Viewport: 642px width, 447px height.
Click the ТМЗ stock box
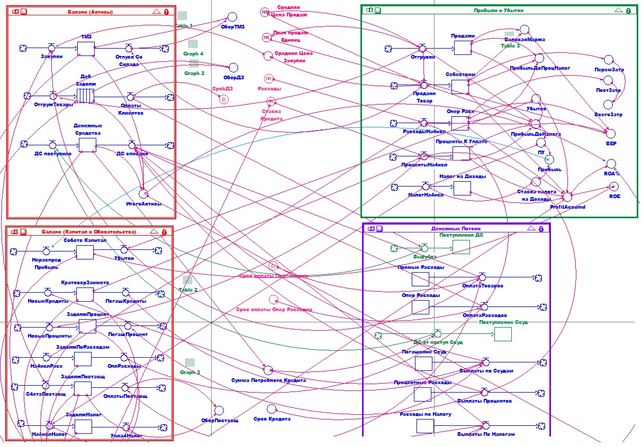[x=85, y=48]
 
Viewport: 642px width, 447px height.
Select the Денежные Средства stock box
[x=87, y=145]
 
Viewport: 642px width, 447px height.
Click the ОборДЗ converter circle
[x=233, y=68]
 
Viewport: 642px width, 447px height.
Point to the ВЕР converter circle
[x=611, y=133]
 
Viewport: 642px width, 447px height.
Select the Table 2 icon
[x=187, y=280]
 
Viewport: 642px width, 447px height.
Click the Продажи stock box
[x=463, y=48]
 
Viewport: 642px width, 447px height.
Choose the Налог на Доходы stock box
[x=462, y=188]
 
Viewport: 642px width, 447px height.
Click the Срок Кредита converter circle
[x=272, y=409]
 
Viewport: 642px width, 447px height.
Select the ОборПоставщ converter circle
[x=219, y=411]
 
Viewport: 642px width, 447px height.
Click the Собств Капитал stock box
[x=85, y=252]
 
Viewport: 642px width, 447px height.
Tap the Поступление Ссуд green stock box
[x=503, y=334]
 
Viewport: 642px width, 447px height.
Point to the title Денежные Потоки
[x=456, y=228]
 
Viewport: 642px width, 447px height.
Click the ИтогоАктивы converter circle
[x=143, y=194]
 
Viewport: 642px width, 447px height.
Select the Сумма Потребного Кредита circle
[x=268, y=370]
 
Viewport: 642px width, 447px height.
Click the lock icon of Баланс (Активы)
[x=166, y=11]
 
